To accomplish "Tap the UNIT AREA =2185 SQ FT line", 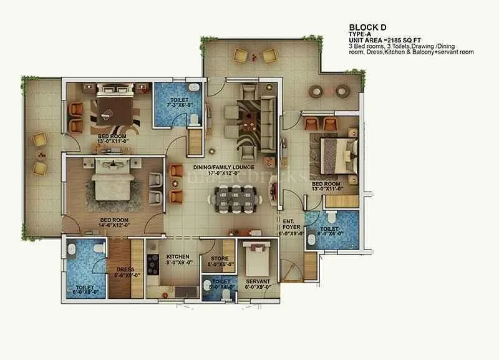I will tap(385, 41).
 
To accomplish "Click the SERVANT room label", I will tap(257, 282).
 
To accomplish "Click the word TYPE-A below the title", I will tap(359, 34).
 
